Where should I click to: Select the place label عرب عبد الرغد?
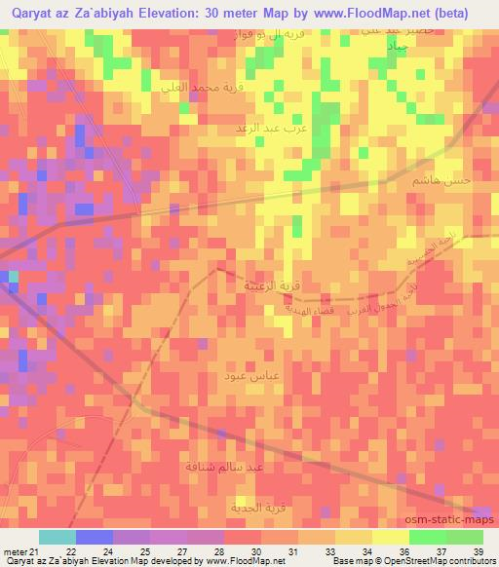263,127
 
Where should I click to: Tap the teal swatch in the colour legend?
57,537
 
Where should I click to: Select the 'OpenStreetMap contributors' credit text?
440,561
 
